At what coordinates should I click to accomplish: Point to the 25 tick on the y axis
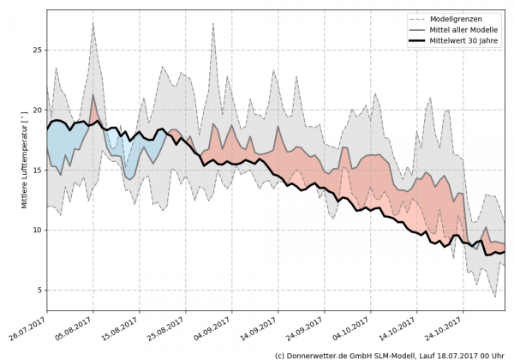point(36,50)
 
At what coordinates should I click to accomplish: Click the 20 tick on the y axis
point(36,110)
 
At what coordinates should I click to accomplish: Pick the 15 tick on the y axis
point(36,170)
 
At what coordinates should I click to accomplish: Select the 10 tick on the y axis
point(36,230)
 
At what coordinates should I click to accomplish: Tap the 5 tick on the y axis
point(39,290)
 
